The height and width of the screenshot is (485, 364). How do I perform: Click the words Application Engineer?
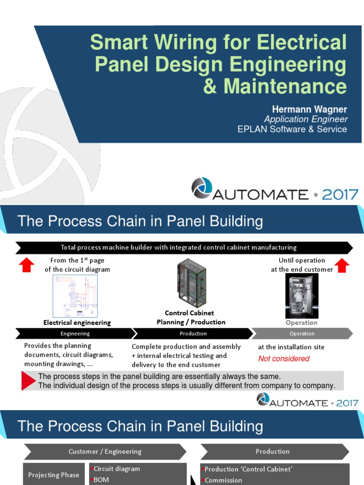point(306,119)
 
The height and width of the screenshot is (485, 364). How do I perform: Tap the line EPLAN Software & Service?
point(292,129)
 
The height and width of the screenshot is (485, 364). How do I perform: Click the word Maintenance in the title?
point(285,86)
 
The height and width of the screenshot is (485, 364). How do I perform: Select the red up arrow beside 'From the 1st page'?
point(26,265)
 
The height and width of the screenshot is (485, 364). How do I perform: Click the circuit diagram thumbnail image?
point(75,296)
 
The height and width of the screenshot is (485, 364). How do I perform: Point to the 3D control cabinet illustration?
point(191,284)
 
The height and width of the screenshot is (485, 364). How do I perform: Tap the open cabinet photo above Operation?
point(301,296)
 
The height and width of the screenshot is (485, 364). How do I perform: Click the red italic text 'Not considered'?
point(283,359)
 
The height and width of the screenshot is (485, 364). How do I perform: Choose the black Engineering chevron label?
point(75,333)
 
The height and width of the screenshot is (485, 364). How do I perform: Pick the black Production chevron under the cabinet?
point(193,333)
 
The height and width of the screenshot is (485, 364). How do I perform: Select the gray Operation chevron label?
point(302,333)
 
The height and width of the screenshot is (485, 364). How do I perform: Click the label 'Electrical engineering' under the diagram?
point(77,323)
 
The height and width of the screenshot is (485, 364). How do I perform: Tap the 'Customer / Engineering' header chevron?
point(105,451)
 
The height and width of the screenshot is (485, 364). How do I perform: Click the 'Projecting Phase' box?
point(54,475)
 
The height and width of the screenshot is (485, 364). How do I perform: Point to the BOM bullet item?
point(101,480)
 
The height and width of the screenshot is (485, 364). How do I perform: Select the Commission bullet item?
point(223,480)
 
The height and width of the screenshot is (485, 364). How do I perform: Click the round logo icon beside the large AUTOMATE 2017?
point(201,188)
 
